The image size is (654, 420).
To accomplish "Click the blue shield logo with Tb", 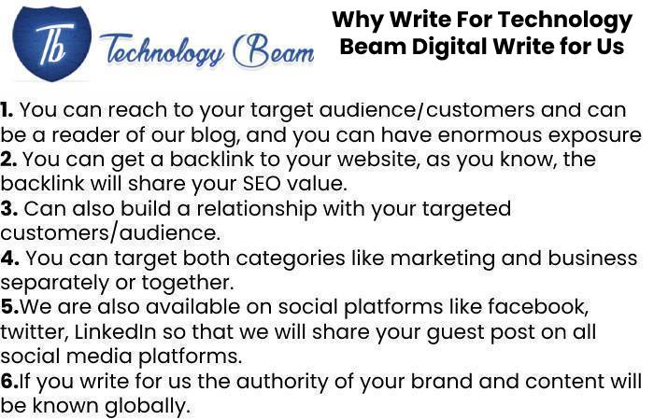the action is tap(51, 44).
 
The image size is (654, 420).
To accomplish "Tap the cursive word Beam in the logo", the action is tap(274, 51).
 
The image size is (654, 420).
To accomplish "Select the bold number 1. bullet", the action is tap(7, 110).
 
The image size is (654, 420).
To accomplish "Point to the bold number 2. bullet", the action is tap(8, 160).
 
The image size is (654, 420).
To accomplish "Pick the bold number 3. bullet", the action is tap(9, 208).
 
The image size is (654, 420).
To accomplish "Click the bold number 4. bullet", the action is tap(10, 258).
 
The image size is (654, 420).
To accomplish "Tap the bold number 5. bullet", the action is tap(10, 307).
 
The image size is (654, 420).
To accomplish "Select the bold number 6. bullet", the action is tap(10, 381).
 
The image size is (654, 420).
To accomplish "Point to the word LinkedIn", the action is tap(116, 331).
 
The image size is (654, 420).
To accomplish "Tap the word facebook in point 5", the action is tap(538, 307).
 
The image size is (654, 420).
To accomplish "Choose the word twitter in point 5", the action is tap(35, 332).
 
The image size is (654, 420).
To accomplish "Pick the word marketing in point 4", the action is tap(443, 258).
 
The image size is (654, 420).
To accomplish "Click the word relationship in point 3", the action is tap(257, 209).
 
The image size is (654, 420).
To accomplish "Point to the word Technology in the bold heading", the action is tap(565, 21).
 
